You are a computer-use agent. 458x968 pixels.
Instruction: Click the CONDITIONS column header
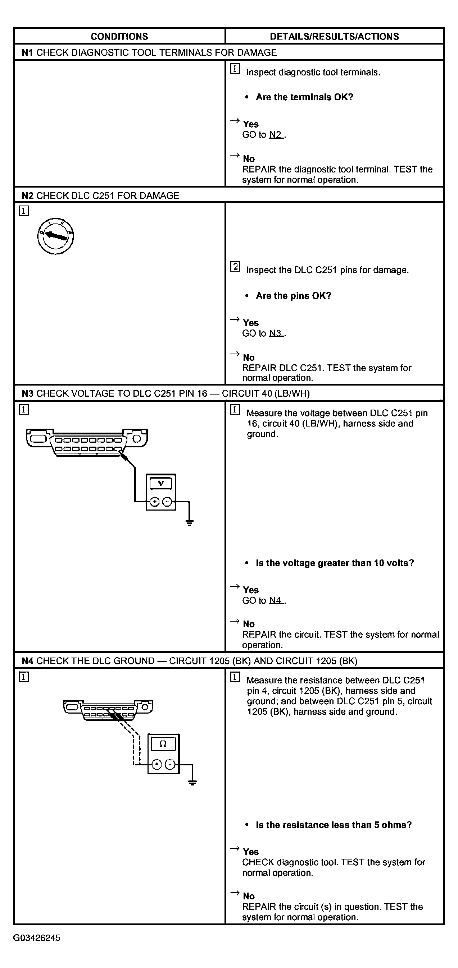coord(119,36)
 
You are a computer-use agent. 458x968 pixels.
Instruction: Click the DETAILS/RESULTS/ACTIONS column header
coord(334,36)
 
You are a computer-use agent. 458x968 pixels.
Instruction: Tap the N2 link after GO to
coord(276,135)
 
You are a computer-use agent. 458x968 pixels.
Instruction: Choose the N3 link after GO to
coord(276,333)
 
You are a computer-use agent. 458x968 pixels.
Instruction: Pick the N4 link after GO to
coord(276,600)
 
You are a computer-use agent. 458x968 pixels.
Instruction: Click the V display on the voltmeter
coord(161,483)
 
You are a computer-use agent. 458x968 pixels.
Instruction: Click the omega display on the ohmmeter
coord(163,744)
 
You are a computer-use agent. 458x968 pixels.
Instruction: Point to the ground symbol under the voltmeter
coord(189,522)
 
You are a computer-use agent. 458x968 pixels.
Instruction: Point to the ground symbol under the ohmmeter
coord(192,783)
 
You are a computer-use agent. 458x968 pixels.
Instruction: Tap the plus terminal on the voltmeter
coord(154,502)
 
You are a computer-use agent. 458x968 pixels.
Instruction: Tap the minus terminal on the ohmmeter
coord(170,764)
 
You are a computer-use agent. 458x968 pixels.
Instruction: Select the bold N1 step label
coord(27,52)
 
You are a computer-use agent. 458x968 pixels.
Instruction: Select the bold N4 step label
coord(27,661)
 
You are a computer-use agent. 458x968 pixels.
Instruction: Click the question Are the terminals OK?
coord(304,97)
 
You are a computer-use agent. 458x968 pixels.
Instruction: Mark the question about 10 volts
coord(335,563)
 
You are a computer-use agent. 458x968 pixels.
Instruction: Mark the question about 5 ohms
coord(334,825)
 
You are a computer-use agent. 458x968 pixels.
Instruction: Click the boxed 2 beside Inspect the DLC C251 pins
coord(235,267)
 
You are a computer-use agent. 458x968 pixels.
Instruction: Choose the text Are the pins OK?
coord(294,296)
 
